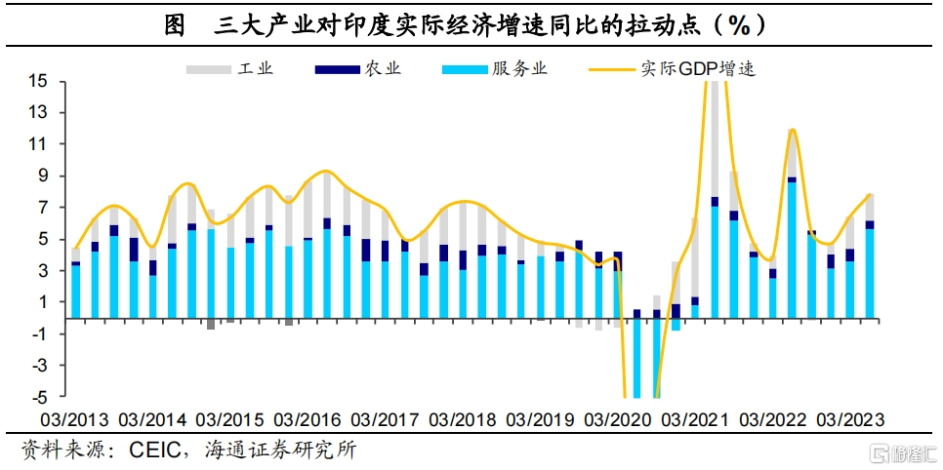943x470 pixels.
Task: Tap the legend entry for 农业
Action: pos(356,69)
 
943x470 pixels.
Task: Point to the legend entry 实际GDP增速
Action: pos(675,69)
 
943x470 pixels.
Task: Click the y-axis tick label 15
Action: pos(39,82)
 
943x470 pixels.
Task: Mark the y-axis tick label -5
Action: pos(39,397)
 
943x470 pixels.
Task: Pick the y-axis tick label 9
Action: pos(43,176)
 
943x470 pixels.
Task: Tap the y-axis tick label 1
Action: pos(43,302)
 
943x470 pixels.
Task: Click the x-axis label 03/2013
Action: pos(74,420)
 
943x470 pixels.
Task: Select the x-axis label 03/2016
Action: pos(307,420)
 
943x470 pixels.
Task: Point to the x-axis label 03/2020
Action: pos(617,420)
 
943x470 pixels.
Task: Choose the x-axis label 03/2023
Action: pos(849,420)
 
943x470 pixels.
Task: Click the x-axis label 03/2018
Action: pos(462,420)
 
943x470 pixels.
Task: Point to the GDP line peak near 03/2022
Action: pos(792,130)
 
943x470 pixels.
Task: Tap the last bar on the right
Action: pos(869,255)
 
